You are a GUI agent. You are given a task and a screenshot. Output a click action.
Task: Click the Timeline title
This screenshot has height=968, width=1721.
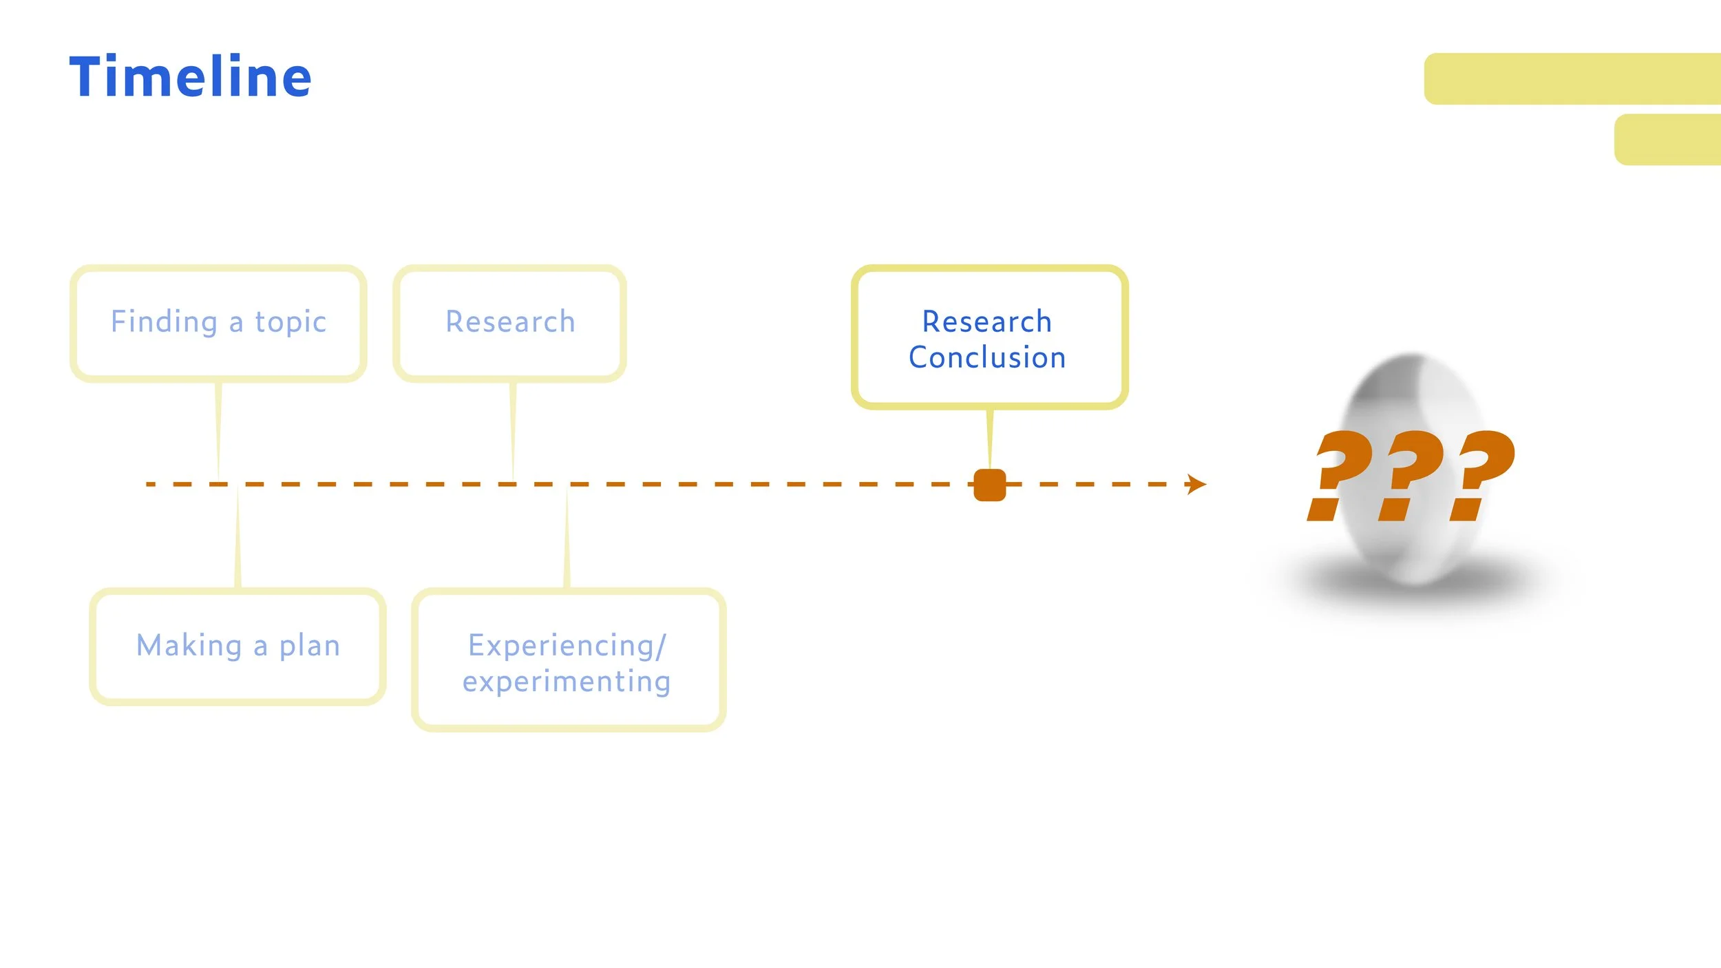coord(190,77)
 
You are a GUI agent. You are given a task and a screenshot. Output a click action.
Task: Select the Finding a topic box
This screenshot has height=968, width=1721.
coord(218,323)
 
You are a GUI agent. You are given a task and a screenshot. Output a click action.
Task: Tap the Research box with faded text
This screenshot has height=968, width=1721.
coord(509,323)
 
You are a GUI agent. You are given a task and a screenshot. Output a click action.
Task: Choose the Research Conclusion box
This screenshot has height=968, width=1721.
coord(989,337)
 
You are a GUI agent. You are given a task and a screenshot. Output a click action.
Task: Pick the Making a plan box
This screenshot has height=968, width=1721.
coord(237,646)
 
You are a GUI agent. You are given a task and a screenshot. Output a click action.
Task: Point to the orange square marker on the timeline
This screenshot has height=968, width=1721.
coord(990,485)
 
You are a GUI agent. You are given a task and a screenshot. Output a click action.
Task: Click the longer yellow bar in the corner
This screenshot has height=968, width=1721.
coord(1572,78)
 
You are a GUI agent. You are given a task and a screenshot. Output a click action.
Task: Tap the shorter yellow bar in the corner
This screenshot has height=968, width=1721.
coord(1667,139)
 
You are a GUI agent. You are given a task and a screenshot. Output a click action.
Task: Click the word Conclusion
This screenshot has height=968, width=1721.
coord(987,358)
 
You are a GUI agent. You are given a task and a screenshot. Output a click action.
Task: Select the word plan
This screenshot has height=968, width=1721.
coord(309,646)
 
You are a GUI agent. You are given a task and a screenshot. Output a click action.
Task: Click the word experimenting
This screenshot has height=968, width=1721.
coord(567,682)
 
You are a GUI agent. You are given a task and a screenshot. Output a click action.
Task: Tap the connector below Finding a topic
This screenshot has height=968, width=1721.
coord(219,430)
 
